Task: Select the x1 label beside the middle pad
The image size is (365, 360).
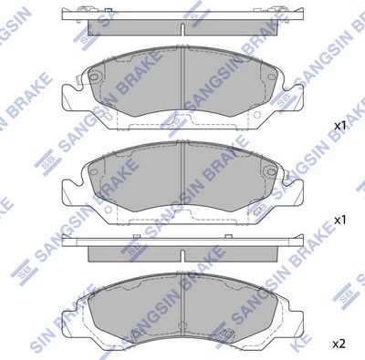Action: tap(339, 220)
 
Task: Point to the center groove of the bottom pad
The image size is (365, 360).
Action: tap(183, 310)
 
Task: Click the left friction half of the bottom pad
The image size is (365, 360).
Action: tap(137, 310)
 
